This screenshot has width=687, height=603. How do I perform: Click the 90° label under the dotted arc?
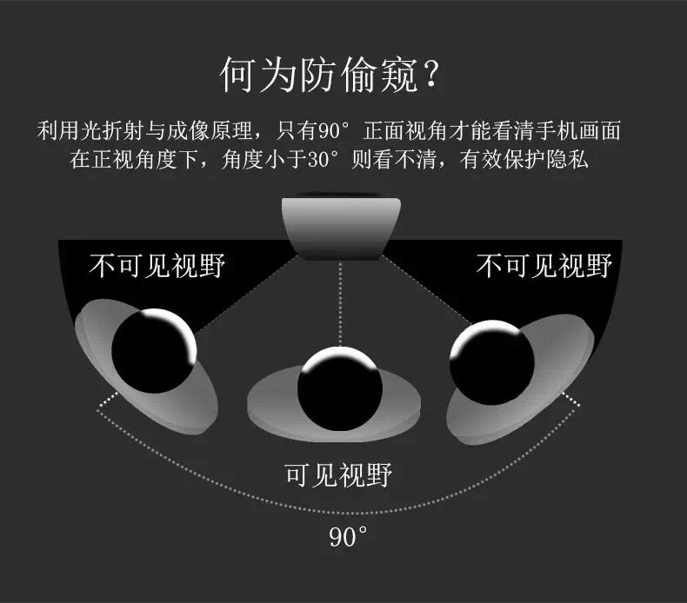(349, 537)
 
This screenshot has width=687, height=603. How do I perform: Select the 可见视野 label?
(339, 475)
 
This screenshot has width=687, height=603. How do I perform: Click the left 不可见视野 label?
(157, 265)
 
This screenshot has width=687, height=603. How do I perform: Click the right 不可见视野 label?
(544, 265)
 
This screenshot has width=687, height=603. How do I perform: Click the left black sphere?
(153, 352)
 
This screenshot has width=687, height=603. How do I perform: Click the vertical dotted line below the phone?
(341, 304)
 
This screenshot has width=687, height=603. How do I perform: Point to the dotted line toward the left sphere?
(243, 295)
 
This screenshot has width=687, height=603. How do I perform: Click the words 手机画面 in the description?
(591, 133)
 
